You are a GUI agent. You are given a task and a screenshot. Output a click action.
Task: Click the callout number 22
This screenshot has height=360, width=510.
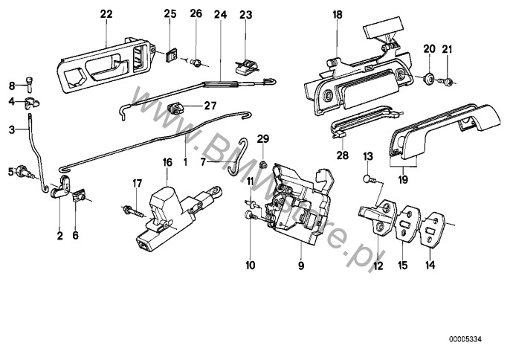106,14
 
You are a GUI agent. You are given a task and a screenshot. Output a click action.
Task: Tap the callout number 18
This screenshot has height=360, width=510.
338,14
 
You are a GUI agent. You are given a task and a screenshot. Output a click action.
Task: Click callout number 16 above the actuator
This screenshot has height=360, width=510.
167,161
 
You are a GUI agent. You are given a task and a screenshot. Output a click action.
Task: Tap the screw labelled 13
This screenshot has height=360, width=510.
367,178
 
